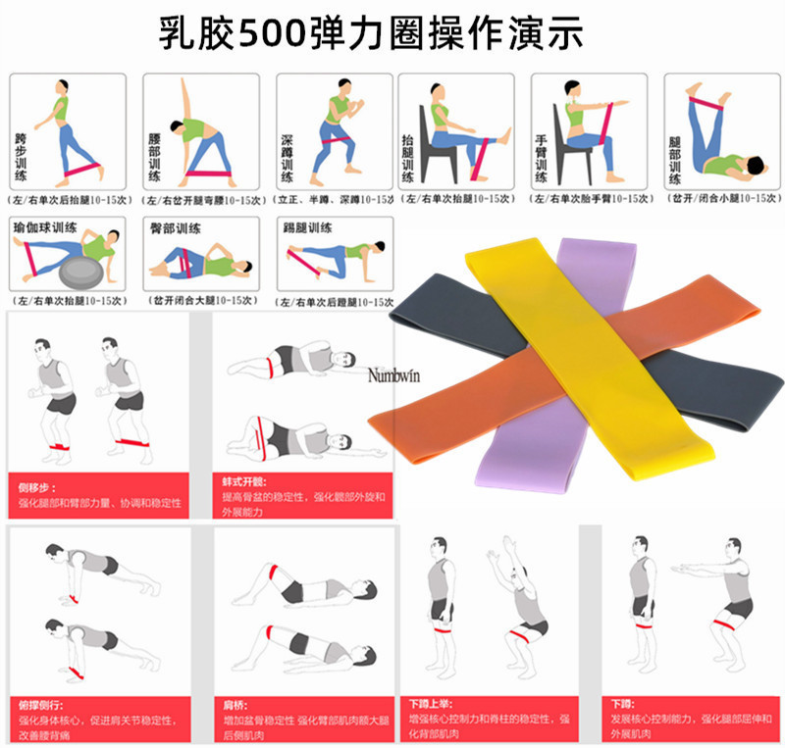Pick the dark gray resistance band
(442, 312)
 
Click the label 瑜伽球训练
(44, 226)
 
